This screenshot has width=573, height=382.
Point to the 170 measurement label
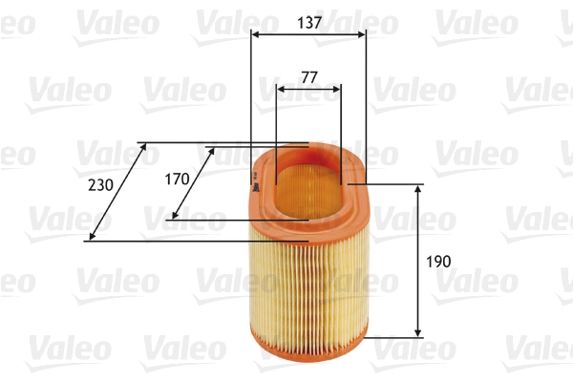tap(177, 179)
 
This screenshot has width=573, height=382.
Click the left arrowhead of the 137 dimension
tap(255, 34)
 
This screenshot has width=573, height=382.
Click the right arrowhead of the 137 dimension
tap(362, 34)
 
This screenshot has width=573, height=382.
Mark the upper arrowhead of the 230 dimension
tap(143, 147)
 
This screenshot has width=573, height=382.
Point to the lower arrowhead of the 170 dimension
tap(173, 216)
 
